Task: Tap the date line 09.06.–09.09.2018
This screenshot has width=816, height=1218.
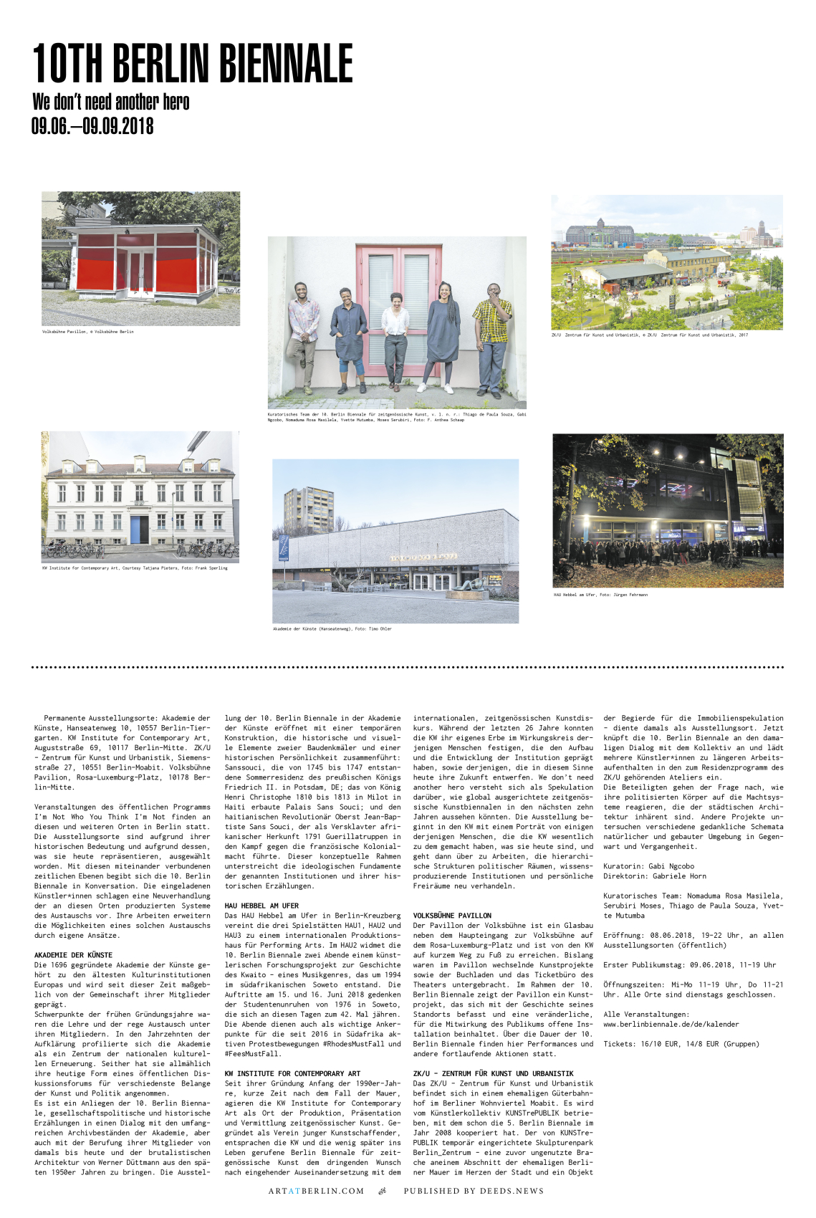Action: coord(92,126)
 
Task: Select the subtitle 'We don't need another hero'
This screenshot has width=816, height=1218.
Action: coord(111,102)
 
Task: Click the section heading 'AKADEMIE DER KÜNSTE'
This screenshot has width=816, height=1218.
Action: coord(73,955)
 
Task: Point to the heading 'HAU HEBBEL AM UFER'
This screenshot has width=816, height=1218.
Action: coord(261,906)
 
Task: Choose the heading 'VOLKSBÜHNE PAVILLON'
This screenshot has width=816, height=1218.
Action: coord(452,916)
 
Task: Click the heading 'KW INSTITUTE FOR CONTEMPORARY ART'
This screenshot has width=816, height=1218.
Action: coord(292,1073)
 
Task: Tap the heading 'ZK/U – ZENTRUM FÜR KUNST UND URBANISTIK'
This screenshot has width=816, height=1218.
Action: coord(493,1073)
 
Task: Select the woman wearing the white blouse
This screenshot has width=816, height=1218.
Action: coord(395,337)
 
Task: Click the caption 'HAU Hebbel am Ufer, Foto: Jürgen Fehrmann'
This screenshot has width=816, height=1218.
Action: coord(600,595)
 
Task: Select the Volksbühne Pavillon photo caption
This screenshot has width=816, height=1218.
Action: coord(87,332)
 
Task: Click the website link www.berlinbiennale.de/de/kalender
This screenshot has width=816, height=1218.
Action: coord(671,1024)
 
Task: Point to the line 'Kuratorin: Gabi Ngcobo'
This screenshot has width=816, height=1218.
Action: coord(648,865)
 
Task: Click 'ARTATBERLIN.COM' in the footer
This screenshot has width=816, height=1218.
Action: coord(316,1191)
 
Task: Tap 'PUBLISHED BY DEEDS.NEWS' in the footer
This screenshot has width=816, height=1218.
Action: coord(474,1191)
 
